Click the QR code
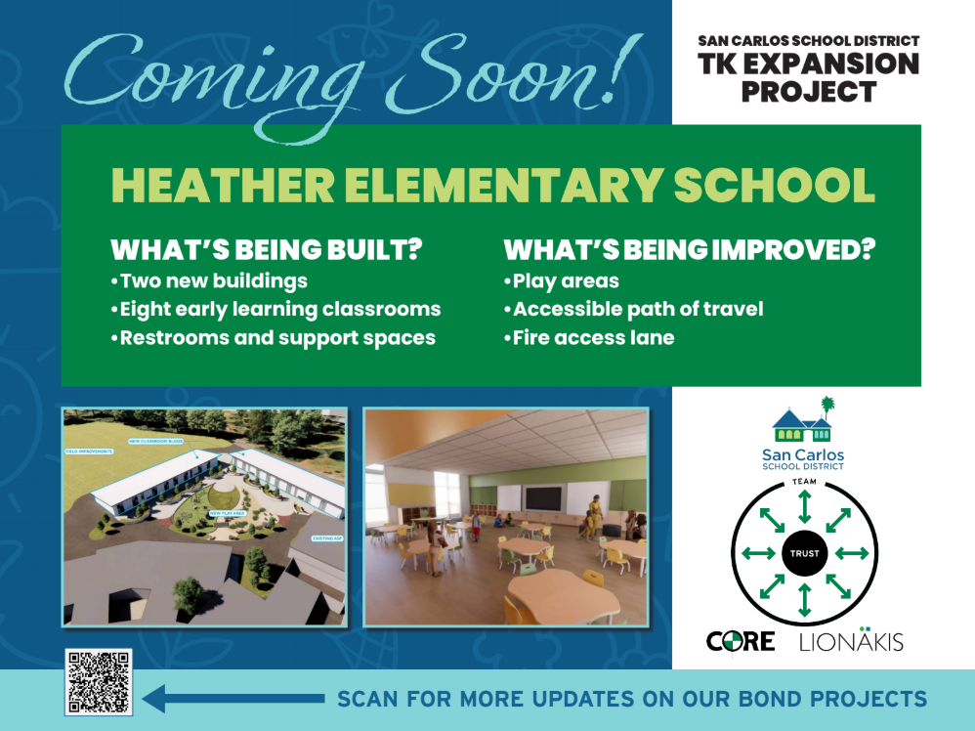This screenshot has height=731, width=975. [98, 682]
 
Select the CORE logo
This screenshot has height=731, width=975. [741, 641]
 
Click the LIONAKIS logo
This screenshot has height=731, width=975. [851, 641]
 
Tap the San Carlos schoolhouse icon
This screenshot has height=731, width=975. [803, 422]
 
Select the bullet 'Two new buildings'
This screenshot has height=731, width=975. [209, 281]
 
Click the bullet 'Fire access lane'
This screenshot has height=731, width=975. [589, 338]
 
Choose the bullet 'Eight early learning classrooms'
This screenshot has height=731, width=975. [276, 310]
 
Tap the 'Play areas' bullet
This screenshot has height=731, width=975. [562, 281]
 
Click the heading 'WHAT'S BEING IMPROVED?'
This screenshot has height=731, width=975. [688, 250]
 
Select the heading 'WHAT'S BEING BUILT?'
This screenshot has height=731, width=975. [266, 250]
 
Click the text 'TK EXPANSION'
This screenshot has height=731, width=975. [808, 64]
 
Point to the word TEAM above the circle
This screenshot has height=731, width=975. [804, 483]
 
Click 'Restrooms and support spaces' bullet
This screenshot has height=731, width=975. [273, 338]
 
